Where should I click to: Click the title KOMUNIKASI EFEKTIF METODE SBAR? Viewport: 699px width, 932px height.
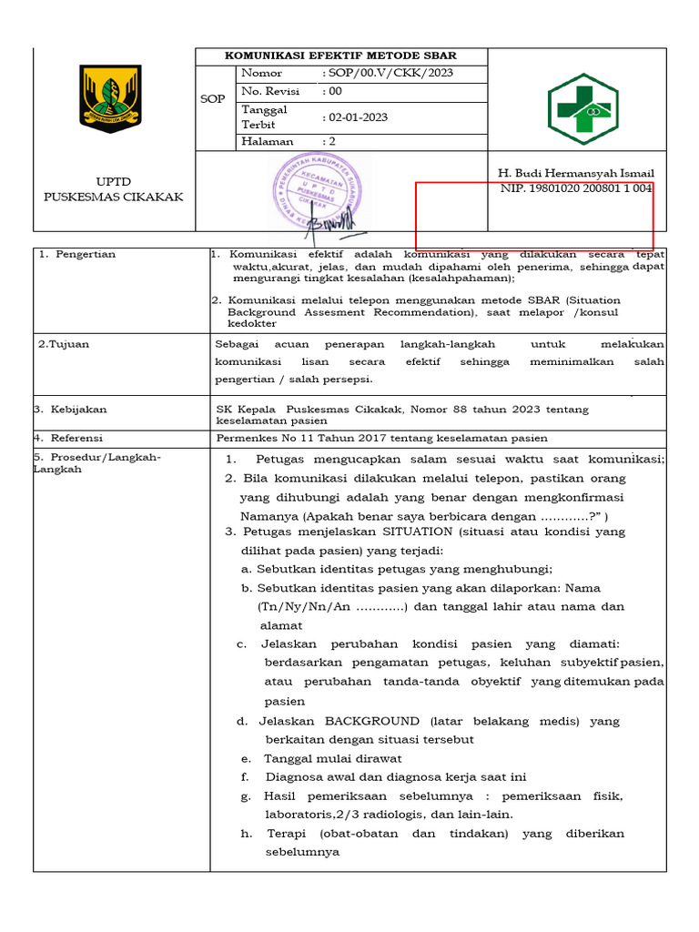click(341, 56)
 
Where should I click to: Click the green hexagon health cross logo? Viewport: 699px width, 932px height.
click(582, 109)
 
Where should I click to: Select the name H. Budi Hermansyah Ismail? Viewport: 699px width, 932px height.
click(575, 173)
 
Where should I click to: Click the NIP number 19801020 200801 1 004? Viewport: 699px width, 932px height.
click(575, 188)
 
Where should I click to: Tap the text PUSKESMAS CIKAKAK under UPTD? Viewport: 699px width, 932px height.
click(114, 197)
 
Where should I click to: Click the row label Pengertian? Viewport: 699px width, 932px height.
click(83, 255)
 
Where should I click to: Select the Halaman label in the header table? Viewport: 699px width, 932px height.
click(267, 141)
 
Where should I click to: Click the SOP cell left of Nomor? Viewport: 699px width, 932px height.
click(212, 98)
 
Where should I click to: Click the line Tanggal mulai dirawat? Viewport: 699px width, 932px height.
click(332, 758)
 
